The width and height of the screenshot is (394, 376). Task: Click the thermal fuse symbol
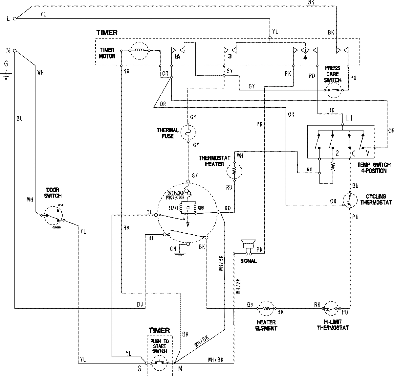click(x=188, y=132)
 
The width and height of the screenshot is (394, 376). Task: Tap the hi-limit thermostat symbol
click(x=331, y=308)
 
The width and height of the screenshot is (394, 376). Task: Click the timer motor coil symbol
click(x=139, y=51)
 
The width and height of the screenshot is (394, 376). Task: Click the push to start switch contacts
click(x=159, y=363)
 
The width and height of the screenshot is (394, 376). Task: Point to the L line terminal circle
click(x=14, y=19)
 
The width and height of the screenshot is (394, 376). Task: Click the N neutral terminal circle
click(x=14, y=51)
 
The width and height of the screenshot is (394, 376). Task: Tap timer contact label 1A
click(x=177, y=57)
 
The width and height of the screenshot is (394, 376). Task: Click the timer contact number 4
click(x=305, y=58)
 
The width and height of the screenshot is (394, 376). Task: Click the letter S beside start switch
click(x=139, y=369)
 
